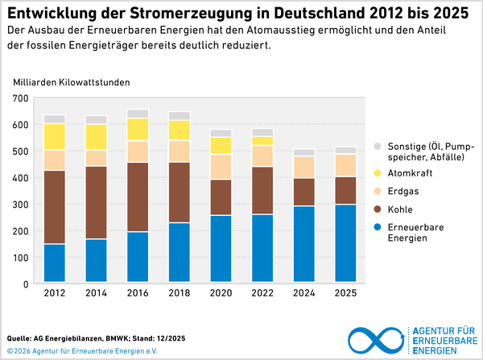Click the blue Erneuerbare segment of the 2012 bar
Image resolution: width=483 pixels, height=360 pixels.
tap(55, 263)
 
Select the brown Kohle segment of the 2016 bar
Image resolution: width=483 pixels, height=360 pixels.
tap(138, 197)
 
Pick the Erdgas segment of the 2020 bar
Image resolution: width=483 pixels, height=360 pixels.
tap(221, 167)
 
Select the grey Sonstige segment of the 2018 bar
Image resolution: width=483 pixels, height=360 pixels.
tap(180, 115)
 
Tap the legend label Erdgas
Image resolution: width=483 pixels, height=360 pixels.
tap(404, 192)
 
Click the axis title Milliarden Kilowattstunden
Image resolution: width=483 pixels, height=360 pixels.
tap(71, 82)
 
